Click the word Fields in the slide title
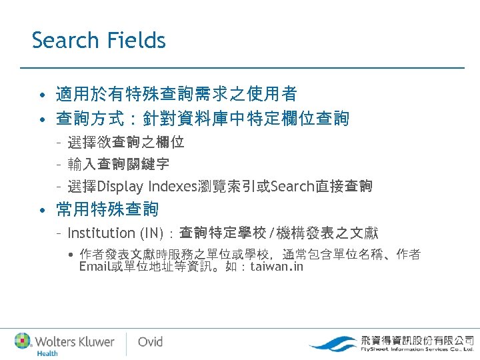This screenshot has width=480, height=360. tap(135, 40)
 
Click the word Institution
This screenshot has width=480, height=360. tap(101, 233)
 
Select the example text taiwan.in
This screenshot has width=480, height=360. tap(276, 267)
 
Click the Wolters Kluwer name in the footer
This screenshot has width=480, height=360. tap(74, 341)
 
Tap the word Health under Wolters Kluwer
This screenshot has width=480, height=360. tap(47, 353)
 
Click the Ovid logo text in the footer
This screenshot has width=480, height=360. tap(150, 341)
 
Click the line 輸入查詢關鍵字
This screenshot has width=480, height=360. tap(118, 164)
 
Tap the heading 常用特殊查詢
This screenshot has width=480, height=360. tap(107, 210)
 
